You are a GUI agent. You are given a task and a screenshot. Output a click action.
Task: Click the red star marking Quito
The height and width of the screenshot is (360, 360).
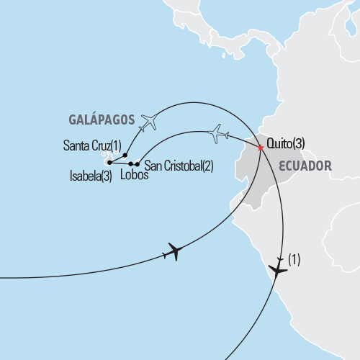pos(260,148)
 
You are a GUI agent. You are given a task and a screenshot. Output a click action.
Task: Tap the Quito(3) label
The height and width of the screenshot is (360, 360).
pos(286,143)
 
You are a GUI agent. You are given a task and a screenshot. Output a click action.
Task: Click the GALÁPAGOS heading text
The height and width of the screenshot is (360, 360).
pos(102,120)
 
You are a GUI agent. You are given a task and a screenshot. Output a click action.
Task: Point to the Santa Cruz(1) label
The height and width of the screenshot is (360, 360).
pos(92,147)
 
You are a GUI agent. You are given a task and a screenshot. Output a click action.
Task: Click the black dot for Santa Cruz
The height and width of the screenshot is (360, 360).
pos(125,155)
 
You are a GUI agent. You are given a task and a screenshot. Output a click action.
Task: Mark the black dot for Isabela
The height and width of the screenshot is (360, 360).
pos(109,163)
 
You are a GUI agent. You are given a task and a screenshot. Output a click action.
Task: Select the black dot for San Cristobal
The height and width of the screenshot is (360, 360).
pos(137,165)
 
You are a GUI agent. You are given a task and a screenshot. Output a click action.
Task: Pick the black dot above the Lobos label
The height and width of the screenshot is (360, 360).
pos(130,165)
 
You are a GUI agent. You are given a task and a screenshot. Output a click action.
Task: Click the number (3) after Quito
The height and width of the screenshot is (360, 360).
pos(298,143)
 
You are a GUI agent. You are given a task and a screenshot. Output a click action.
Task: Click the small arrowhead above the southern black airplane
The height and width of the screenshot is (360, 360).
pos(279,258)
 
